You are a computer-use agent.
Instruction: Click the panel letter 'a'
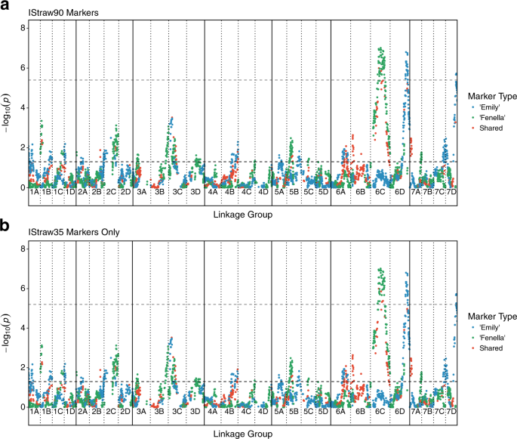(5, 6)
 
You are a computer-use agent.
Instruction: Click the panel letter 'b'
(5, 225)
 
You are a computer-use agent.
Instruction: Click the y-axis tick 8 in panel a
(23, 28)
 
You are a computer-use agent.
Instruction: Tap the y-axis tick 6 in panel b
(23, 288)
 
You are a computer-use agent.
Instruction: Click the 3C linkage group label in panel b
(177, 413)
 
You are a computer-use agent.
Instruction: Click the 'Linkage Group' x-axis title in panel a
(242, 215)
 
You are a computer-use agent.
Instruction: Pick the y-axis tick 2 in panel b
(23, 367)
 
